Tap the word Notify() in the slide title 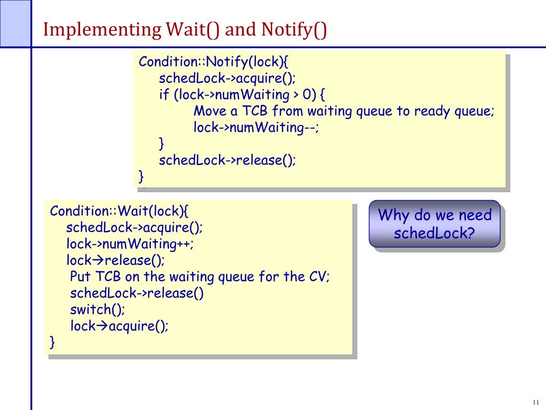pyautogui.click(x=294, y=29)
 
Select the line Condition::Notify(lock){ pyautogui.click(x=213, y=61)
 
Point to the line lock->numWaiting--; pyautogui.click(x=256, y=128)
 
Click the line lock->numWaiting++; pyautogui.click(x=130, y=244)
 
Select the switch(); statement pyautogui.click(x=98, y=310)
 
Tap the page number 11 pyautogui.click(x=535, y=402)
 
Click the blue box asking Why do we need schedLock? pyautogui.click(x=435, y=224)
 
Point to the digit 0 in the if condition pyautogui.click(x=306, y=95)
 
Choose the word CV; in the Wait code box pyautogui.click(x=319, y=277)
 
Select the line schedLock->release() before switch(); pyautogui.click(x=136, y=294)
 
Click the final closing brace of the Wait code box pyautogui.click(x=52, y=342)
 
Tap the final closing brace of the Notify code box pyautogui.click(x=141, y=175)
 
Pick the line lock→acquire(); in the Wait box pyautogui.click(x=119, y=326)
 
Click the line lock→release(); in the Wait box pyautogui.click(x=116, y=261)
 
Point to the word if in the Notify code pyautogui.click(x=163, y=95)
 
